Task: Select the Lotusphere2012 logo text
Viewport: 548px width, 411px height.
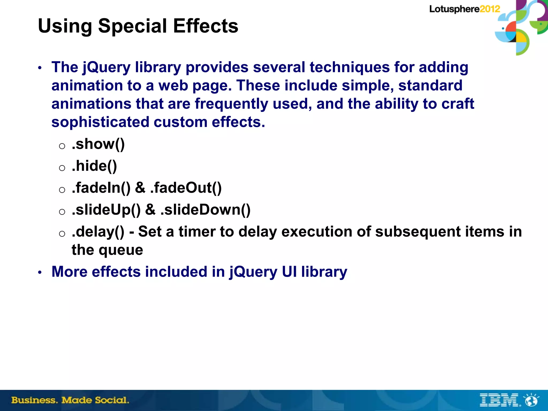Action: (465, 9)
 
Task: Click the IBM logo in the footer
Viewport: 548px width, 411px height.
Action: (499, 400)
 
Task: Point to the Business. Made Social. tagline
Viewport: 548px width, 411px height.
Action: (70, 400)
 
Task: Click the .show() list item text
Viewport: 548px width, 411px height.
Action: (98, 144)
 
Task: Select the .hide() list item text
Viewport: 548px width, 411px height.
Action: (94, 166)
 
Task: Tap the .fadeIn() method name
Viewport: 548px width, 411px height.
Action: (101, 188)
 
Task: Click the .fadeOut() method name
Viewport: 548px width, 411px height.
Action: (186, 188)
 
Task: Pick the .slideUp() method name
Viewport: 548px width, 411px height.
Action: (106, 210)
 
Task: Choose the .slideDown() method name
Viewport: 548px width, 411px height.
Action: (205, 210)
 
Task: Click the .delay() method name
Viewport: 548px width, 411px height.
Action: (98, 232)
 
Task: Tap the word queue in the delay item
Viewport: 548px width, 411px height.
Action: (121, 250)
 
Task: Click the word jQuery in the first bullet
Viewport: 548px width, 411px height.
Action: (106, 67)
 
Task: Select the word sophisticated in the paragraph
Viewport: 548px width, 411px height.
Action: (100, 122)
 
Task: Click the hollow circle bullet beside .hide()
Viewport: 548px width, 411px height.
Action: (62, 168)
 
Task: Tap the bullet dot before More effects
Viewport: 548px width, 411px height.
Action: (40, 273)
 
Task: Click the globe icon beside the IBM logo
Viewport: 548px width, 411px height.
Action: (532, 400)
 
